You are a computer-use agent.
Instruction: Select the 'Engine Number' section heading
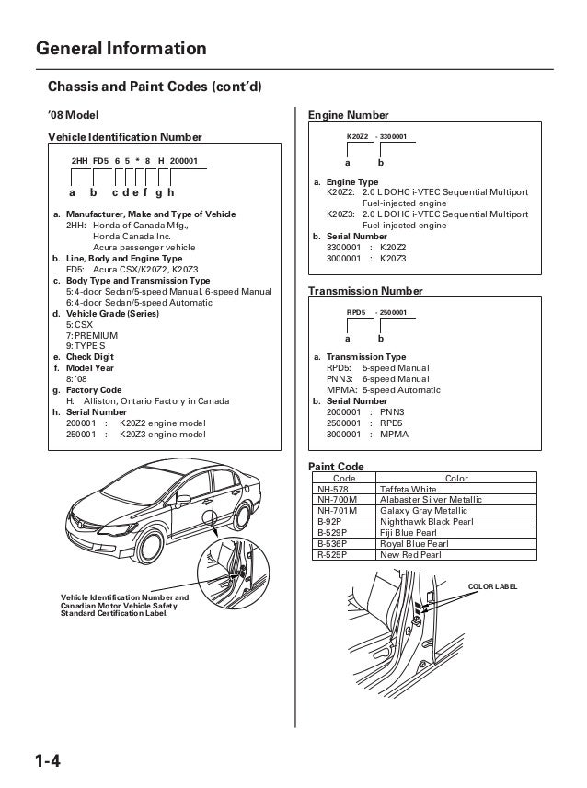point(348,115)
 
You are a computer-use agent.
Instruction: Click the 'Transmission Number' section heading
point(365,291)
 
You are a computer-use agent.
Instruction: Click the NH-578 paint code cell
point(337,489)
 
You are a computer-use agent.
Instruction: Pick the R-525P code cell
point(337,555)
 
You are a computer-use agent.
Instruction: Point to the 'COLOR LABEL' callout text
point(493,585)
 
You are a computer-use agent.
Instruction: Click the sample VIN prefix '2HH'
point(80,161)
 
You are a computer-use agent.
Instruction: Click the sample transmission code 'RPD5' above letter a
point(356,313)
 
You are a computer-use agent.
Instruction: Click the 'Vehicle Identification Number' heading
point(123,137)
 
